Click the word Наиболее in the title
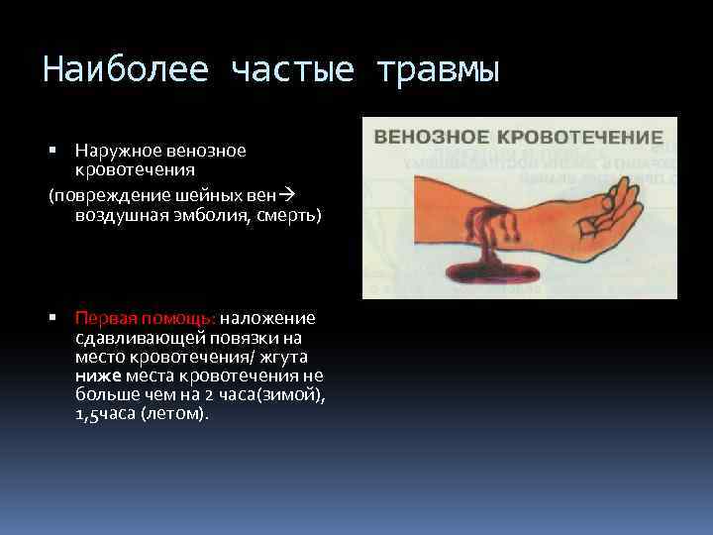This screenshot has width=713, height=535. point(126,70)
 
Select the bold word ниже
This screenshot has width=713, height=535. point(95,375)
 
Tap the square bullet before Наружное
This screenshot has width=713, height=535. point(53,152)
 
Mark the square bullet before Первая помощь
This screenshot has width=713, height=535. point(53,319)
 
